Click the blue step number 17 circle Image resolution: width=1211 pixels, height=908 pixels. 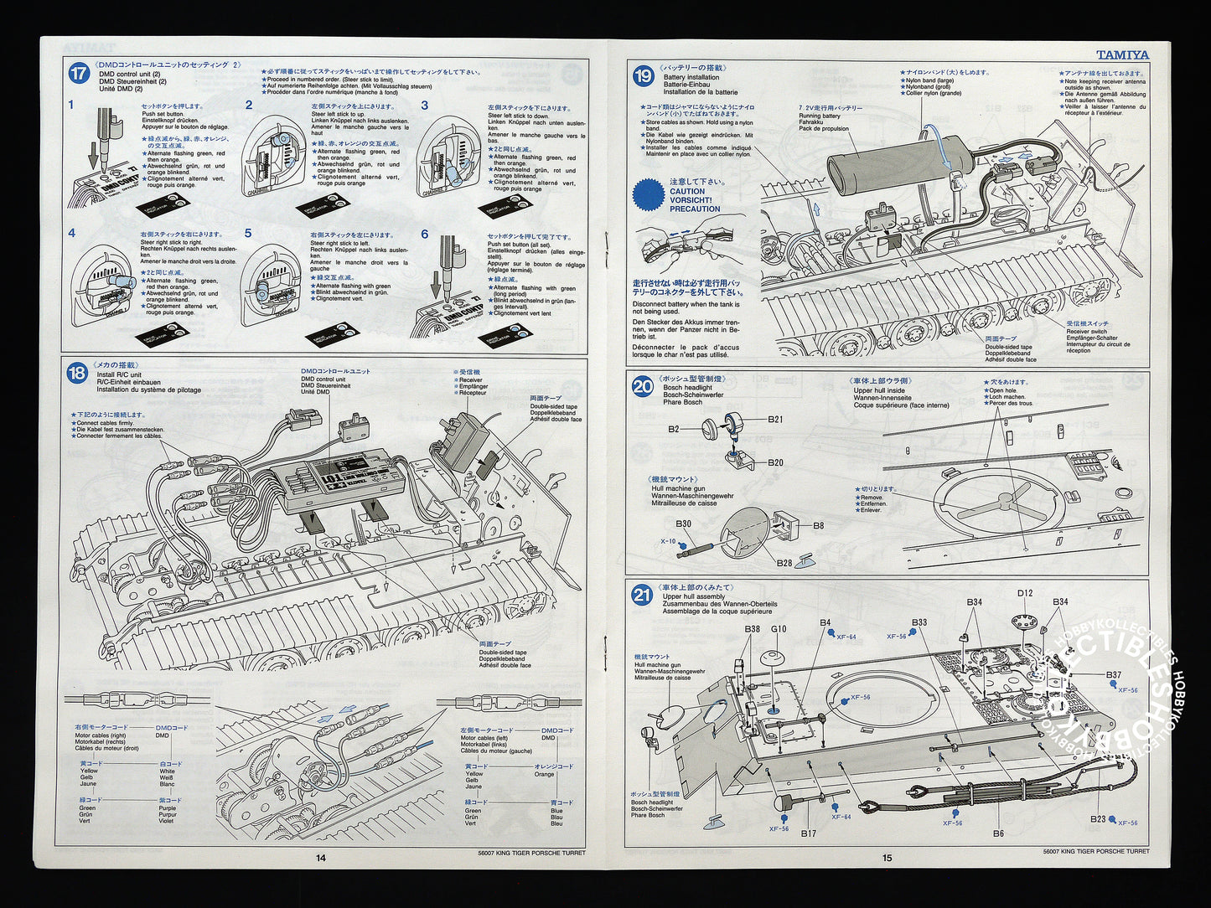coord(78,74)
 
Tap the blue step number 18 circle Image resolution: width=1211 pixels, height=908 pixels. coord(77,373)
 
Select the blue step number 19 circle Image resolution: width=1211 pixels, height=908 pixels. coord(643,76)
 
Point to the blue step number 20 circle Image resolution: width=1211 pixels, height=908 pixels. coord(643,386)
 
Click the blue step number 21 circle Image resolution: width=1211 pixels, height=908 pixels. coord(642,596)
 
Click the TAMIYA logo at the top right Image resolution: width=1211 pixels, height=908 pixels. coord(1123,55)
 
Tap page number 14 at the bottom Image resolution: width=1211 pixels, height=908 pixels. coord(321,857)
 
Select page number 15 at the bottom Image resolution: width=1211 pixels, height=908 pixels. coord(888,857)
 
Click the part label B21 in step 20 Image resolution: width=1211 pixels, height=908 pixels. coord(775,420)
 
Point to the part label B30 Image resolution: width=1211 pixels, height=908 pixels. coord(684,524)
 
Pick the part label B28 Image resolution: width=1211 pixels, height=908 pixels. coord(784,563)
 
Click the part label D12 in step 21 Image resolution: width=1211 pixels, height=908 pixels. coord(1025,594)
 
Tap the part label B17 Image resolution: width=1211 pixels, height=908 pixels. coord(808,833)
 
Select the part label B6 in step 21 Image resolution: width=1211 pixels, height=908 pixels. coord(998,833)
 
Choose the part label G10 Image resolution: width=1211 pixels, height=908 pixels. coord(779,629)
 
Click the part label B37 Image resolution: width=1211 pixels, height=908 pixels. coord(1113,675)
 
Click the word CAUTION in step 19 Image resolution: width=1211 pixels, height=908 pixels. coord(687,191)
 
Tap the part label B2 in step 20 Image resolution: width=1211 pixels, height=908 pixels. coord(674,429)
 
